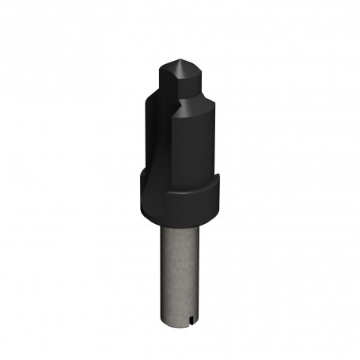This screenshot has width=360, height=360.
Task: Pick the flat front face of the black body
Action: [x=193, y=150]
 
